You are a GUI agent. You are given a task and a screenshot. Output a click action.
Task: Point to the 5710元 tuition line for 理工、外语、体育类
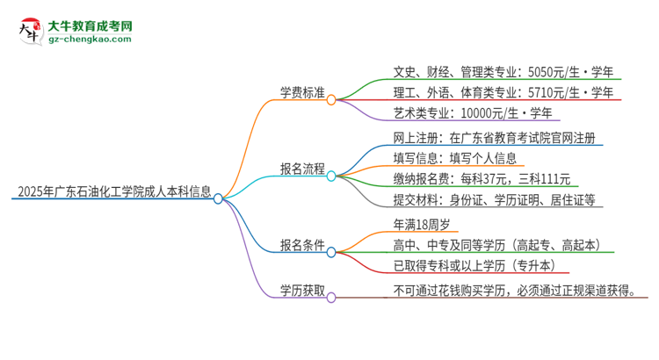point(507,91)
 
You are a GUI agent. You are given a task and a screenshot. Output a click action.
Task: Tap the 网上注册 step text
point(498,139)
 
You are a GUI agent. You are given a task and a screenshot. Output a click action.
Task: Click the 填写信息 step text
point(457,159)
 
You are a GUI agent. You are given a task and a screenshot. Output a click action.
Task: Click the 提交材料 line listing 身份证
point(496,200)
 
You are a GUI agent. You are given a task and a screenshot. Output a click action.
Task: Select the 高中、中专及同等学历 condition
point(497,245)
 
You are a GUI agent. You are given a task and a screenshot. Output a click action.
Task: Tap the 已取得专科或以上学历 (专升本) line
point(475,266)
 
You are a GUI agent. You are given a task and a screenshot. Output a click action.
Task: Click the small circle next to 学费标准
point(331,100)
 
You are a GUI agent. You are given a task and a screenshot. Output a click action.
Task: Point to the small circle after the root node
point(218,199)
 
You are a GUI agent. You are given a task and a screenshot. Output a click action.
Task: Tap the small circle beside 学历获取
point(331,298)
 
